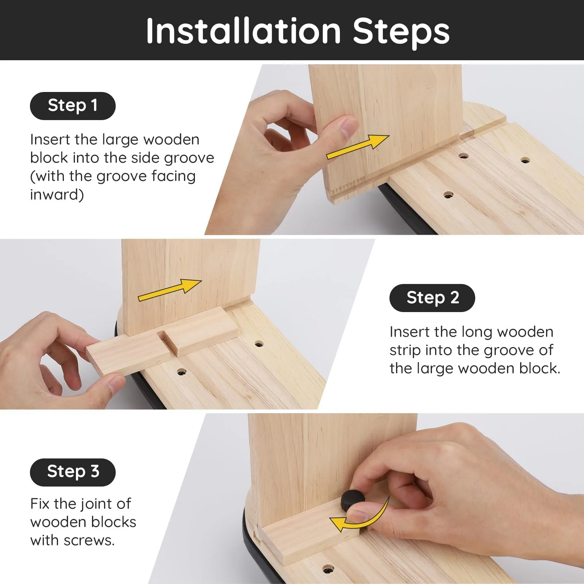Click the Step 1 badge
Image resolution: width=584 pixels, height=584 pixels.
[x=73, y=106]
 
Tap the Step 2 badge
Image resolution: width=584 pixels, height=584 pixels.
[x=432, y=298]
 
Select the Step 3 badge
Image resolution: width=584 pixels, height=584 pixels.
[x=73, y=472]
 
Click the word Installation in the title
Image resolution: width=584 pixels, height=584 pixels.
[x=243, y=31]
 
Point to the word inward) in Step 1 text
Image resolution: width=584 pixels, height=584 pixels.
[x=57, y=195]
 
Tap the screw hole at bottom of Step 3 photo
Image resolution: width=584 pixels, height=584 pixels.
[x=328, y=569]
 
